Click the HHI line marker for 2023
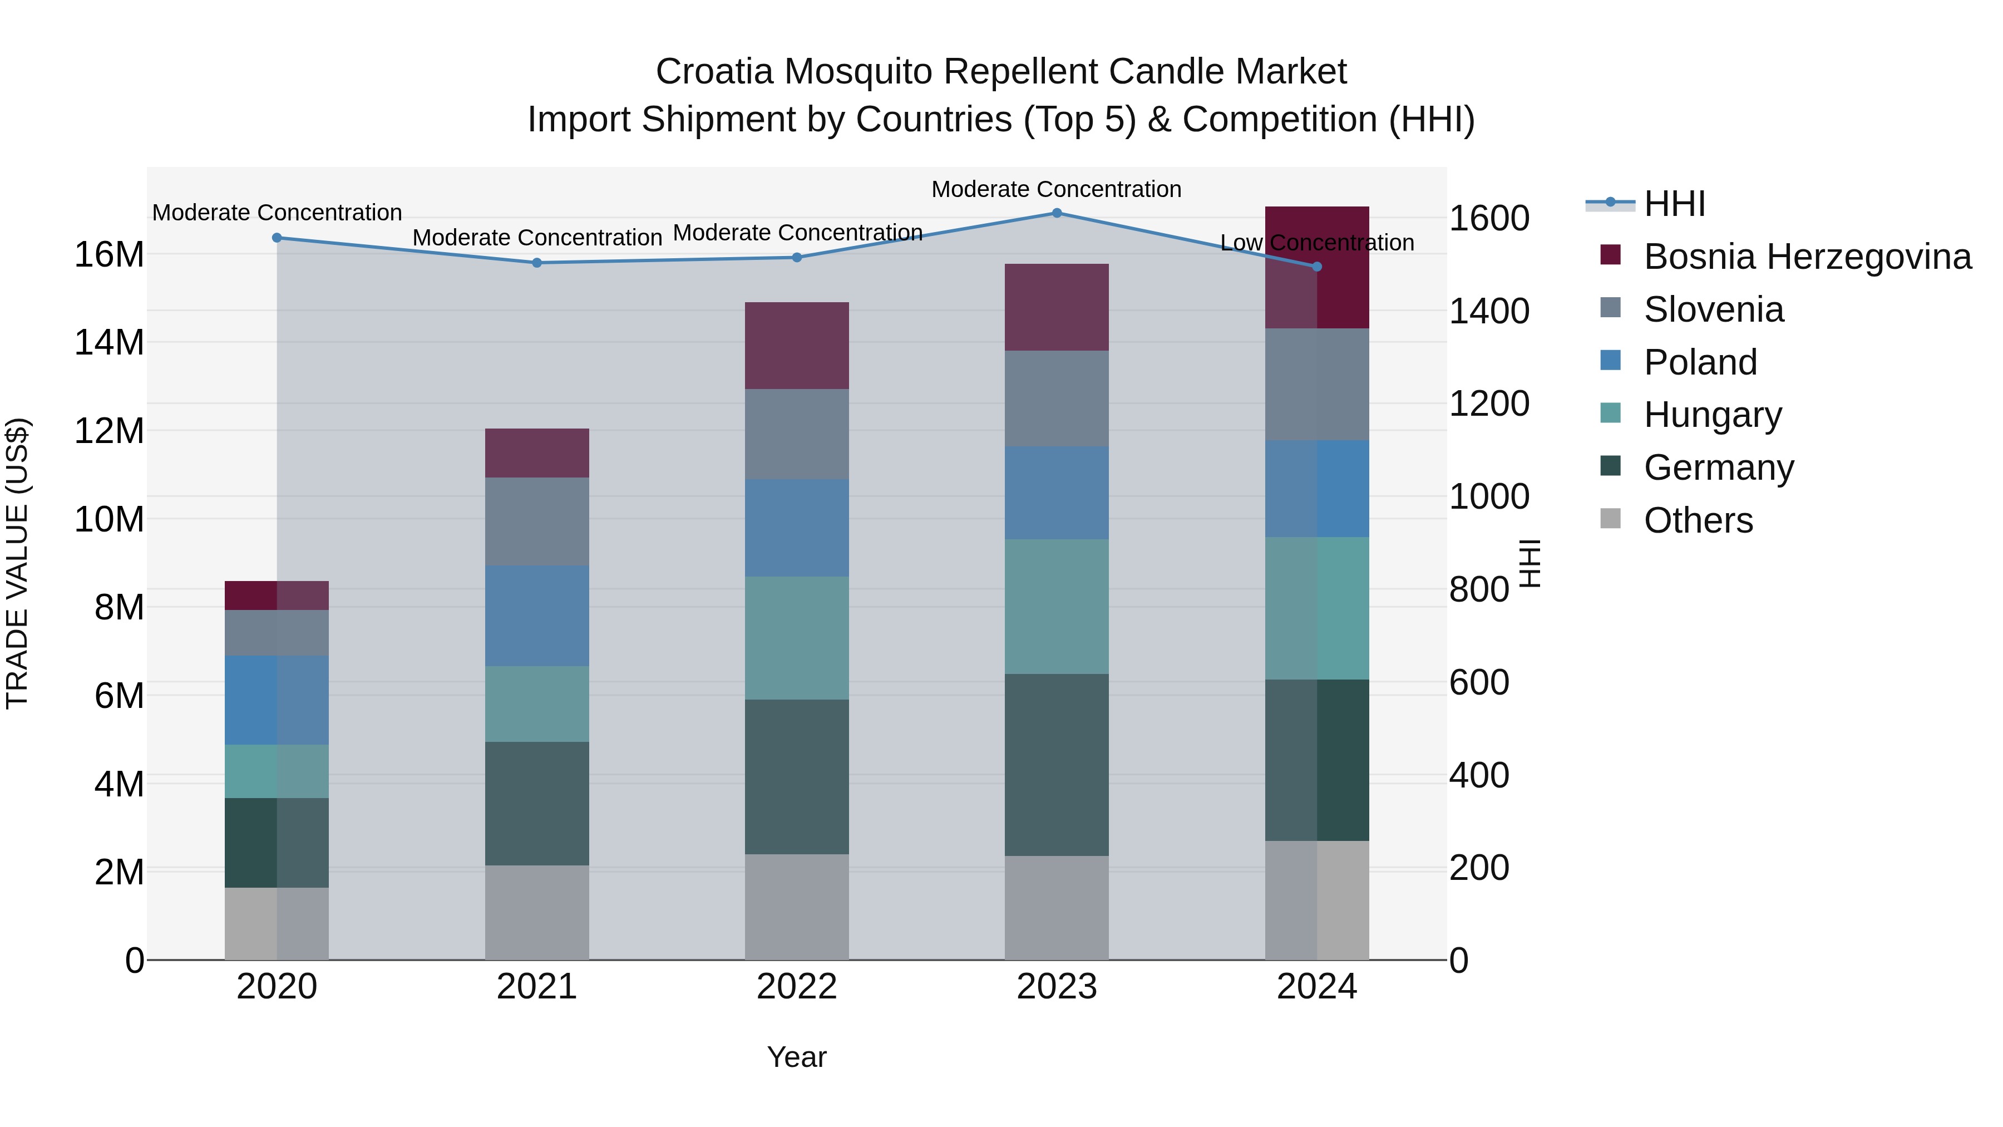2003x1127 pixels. click(1056, 213)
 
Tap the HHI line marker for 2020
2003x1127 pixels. click(277, 238)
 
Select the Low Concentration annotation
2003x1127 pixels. click(1316, 243)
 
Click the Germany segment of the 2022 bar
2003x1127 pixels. click(796, 776)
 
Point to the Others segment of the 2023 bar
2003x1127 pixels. click(1056, 908)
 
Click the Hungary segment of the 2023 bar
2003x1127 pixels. click(1056, 606)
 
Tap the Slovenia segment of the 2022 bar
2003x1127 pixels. click(796, 434)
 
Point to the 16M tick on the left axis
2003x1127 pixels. click(109, 254)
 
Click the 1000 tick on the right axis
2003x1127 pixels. click(1488, 496)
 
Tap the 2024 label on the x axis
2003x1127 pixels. click(1316, 987)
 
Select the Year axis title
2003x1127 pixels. click(796, 1057)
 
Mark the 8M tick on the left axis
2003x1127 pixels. click(119, 607)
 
